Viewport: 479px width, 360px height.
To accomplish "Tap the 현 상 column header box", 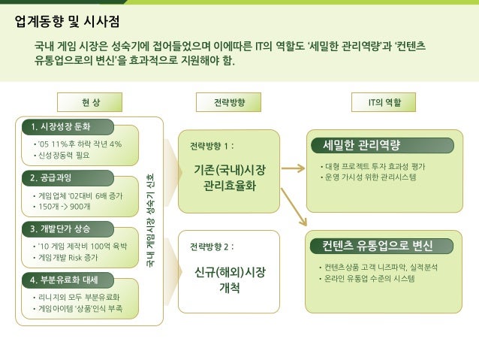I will click(89, 101).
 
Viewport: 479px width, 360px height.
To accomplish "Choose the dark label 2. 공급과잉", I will click(55, 178).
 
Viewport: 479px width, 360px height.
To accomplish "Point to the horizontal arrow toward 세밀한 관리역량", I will click(292, 169).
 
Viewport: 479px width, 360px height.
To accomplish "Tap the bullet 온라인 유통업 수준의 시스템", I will click(368, 278).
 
